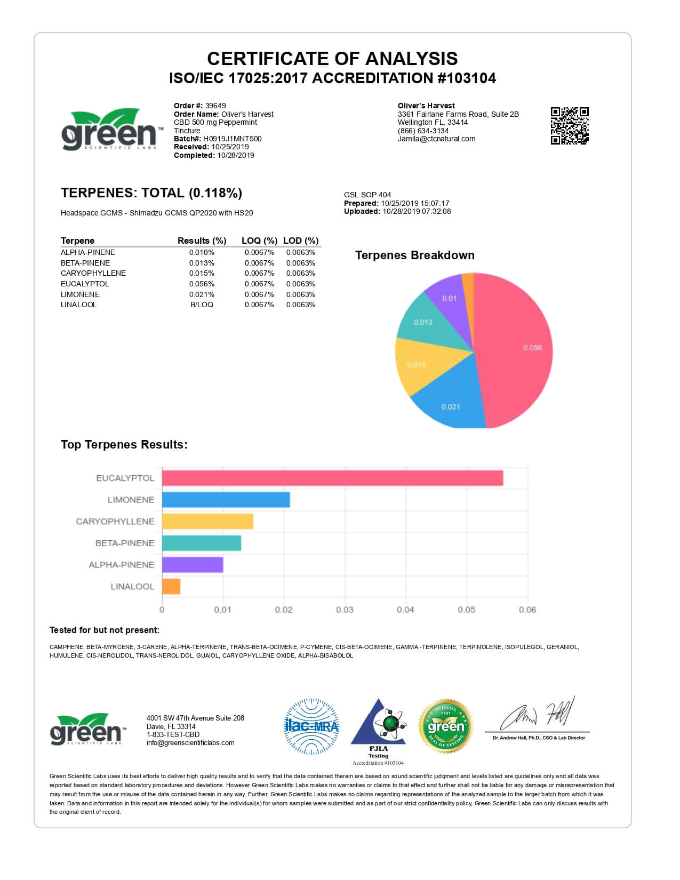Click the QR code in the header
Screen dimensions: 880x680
click(x=569, y=125)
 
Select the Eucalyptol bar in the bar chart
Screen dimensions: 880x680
click(x=332, y=478)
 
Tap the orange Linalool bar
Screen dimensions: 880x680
click(x=171, y=586)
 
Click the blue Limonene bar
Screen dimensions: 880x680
click(x=226, y=500)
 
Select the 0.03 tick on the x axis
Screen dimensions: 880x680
click(x=345, y=610)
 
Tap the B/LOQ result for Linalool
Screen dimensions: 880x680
click(x=202, y=305)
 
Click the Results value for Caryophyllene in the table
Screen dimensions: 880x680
click(x=202, y=273)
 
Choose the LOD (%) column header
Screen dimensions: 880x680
click(x=301, y=241)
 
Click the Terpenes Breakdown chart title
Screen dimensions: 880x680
click(x=414, y=255)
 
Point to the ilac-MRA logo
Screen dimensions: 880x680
click(x=311, y=726)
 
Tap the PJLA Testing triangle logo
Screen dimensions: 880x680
click(x=378, y=725)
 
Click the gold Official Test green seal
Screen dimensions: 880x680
click(x=446, y=726)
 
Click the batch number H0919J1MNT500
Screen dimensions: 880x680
click(x=232, y=139)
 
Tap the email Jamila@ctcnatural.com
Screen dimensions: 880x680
click(x=436, y=139)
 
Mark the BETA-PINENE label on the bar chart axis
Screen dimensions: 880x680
click(x=125, y=543)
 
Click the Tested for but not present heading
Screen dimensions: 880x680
click(x=105, y=630)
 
